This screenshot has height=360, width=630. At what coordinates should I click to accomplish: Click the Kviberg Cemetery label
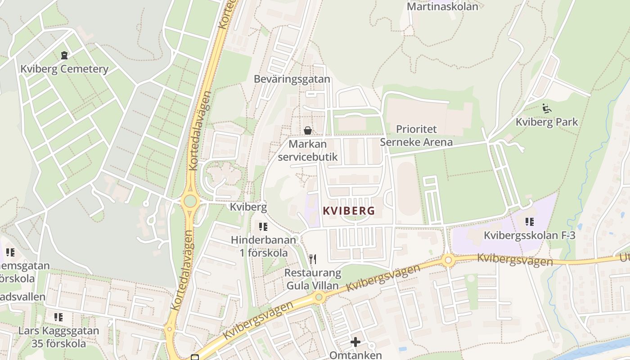64,69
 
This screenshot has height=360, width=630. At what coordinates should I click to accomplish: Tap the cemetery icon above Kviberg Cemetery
64,55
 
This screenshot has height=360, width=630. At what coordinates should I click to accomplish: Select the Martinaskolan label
442,7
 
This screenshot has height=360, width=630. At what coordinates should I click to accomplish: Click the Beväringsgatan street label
292,79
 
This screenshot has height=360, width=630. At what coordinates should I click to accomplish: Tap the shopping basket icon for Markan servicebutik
308,130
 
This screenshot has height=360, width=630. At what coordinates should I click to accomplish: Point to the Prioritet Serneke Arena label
416,136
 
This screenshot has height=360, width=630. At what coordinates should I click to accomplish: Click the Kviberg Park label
547,122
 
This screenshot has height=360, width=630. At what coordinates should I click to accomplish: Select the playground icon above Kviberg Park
547,108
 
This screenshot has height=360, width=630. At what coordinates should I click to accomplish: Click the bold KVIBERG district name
349,211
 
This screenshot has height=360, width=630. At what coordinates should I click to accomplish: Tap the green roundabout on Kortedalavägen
190,201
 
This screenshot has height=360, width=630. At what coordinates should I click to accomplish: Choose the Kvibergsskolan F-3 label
530,235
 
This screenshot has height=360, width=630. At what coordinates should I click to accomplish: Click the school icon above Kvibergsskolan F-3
530,221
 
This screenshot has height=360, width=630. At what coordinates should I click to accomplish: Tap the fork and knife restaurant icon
313,259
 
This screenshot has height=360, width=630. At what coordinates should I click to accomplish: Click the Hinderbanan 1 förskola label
263,246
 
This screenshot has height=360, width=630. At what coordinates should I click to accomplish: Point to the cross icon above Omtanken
355,342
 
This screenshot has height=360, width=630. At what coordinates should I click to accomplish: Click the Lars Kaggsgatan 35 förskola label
58,337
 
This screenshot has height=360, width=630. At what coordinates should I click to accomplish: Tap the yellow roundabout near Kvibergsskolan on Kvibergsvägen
448,260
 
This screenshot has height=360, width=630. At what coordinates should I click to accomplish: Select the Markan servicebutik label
308,151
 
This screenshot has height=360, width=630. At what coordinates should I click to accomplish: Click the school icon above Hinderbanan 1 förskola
263,226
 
